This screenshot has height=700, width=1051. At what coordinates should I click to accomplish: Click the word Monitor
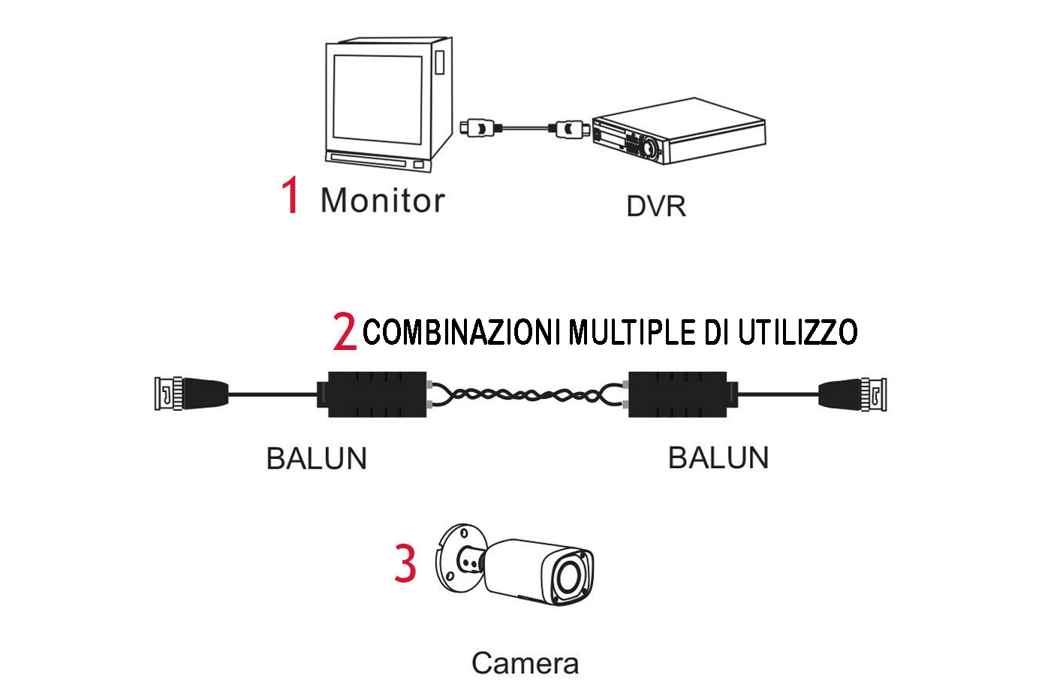pyautogui.click(x=382, y=201)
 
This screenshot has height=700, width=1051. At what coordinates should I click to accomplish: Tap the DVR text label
pyautogui.click(x=655, y=207)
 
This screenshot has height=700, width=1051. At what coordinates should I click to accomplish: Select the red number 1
pyautogui.click(x=290, y=195)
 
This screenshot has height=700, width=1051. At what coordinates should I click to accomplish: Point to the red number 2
pyautogui.click(x=345, y=331)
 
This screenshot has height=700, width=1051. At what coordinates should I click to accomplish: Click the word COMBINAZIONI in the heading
pyautogui.click(x=462, y=332)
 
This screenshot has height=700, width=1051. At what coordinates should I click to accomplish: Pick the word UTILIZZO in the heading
pyautogui.click(x=797, y=332)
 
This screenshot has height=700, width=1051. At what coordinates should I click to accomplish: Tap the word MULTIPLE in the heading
pyautogui.click(x=632, y=332)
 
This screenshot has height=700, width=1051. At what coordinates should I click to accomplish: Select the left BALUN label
pyautogui.click(x=316, y=458)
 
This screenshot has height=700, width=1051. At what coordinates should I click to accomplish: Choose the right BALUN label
pyautogui.click(x=718, y=457)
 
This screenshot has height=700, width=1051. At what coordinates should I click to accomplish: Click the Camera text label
pyautogui.click(x=525, y=663)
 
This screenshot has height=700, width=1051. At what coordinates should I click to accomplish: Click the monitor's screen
pyautogui.click(x=378, y=99)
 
